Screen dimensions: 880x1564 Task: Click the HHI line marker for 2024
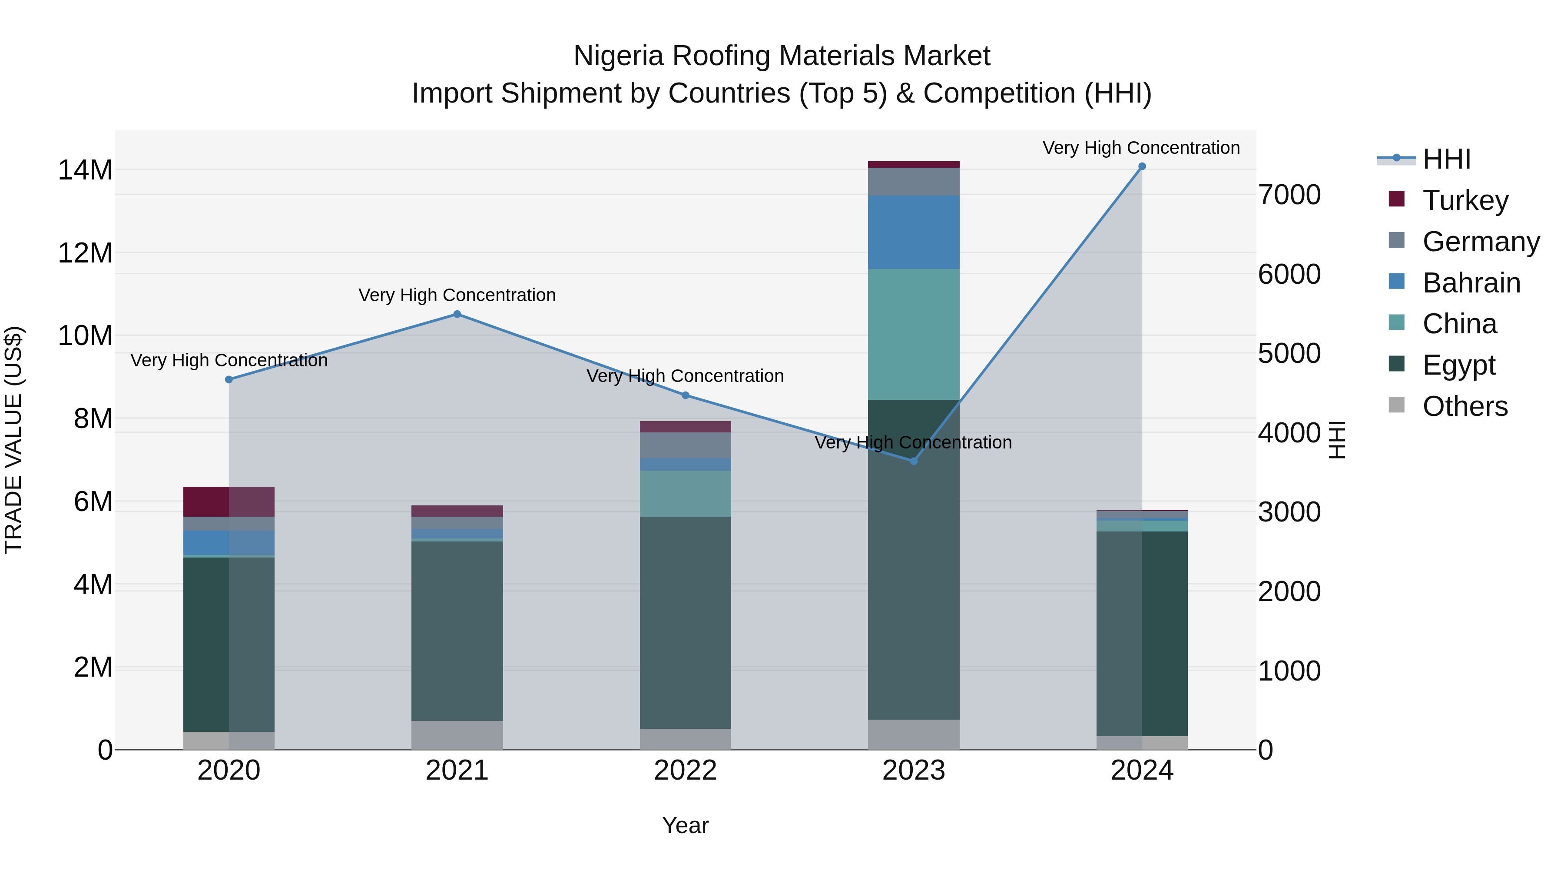click(x=1141, y=166)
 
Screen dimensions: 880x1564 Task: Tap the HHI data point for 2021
click(x=457, y=314)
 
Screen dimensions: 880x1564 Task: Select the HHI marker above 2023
click(x=913, y=461)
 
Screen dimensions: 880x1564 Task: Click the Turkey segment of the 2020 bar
click(x=229, y=501)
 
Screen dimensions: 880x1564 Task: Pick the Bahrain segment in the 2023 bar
click(x=913, y=232)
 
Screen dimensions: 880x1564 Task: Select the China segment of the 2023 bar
click(x=913, y=334)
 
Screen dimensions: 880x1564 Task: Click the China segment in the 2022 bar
click(x=686, y=493)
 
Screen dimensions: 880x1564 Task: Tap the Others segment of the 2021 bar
click(x=457, y=735)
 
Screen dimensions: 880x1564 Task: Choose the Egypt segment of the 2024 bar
click(x=1141, y=634)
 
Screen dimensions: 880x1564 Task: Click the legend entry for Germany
click(x=1480, y=242)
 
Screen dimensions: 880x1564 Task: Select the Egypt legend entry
click(x=1458, y=365)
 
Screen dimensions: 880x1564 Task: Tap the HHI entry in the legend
click(x=1446, y=159)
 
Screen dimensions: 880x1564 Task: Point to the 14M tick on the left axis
click(x=85, y=170)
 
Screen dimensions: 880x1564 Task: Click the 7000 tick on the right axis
click(x=1289, y=195)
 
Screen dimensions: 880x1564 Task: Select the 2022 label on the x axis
click(x=686, y=770)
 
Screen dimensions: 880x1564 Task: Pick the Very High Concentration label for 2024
click(x=1141, y=148)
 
